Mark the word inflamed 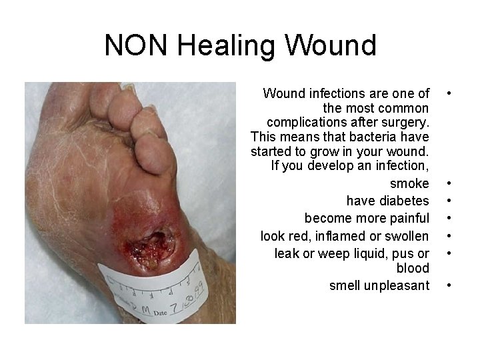click(340, 236)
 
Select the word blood click(413, 268)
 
